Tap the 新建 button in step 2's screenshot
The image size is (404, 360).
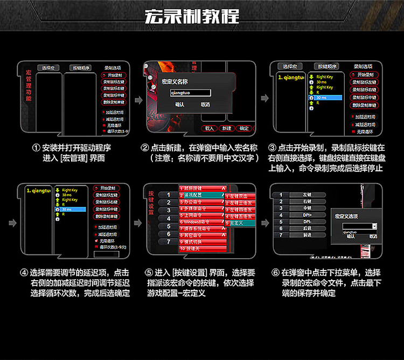click(227, 128)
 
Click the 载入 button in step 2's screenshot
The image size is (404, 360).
click(210, 128)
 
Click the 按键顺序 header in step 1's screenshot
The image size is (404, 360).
click(81, 68)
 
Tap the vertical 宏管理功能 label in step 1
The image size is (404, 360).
click(29, 89)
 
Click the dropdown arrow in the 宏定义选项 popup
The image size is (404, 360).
click(374, 227)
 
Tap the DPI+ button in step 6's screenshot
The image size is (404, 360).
click(307, 214)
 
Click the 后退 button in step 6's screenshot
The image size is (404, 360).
click(307, 229)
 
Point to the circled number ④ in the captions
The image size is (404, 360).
click(23, 273)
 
